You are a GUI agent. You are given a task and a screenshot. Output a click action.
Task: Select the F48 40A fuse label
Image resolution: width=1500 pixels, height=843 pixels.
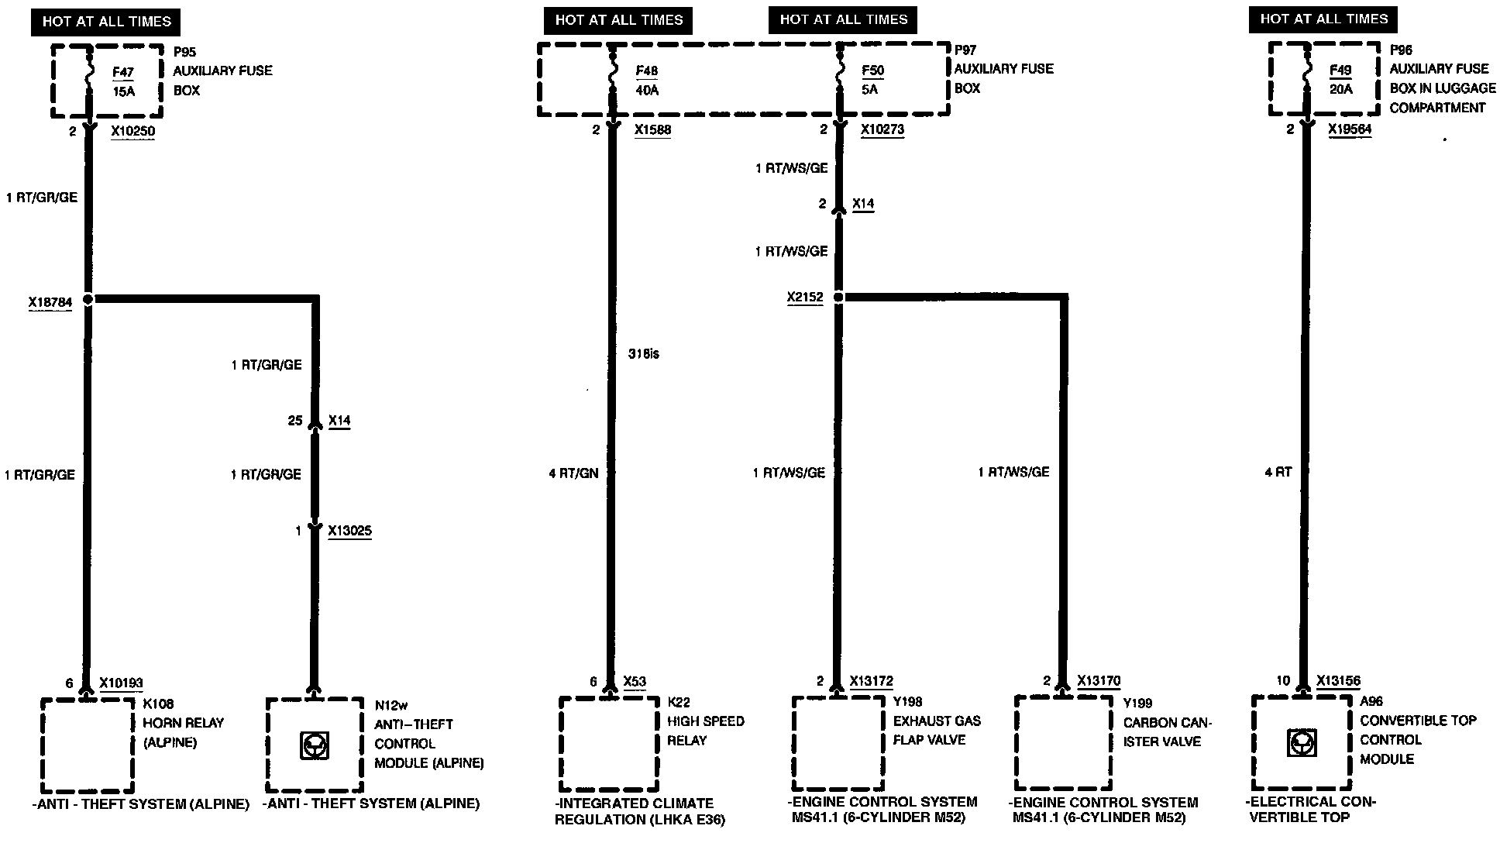click(x=647, y=81)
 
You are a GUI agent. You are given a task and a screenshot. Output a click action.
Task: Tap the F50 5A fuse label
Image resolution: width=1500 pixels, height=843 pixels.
click(x=872, y=80)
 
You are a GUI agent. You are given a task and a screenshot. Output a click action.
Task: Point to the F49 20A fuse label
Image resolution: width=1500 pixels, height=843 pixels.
click(x=1340, y=80)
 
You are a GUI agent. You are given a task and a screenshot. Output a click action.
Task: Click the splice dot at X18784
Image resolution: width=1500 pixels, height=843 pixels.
click(x=88, y=299)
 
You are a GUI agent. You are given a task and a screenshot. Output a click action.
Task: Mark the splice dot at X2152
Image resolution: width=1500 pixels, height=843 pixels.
click(x=838, y=297)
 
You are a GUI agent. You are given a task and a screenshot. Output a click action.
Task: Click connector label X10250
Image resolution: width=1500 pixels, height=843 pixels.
click(x=132, y=132)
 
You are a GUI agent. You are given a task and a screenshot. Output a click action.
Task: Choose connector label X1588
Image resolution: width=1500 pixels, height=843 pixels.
click(x=652, y=130)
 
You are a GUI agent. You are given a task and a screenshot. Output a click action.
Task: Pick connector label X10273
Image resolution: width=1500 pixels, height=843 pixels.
click(x=882, y=130)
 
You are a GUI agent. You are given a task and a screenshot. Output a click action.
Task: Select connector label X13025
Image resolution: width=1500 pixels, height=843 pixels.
click(x=349, y=531)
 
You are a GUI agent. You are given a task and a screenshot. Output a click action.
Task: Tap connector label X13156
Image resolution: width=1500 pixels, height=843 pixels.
click(x=1338, y=681)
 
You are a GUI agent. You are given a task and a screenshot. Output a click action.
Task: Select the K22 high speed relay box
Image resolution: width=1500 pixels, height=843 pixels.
click(x=608, y=743)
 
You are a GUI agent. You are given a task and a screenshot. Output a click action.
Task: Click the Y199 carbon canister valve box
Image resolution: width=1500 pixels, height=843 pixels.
click(x=1064, y=742)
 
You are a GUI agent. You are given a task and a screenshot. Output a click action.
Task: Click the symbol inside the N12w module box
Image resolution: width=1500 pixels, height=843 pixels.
click(x=314, y=745)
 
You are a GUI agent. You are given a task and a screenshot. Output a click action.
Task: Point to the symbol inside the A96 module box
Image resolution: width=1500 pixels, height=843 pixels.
click(x=1299, y=743)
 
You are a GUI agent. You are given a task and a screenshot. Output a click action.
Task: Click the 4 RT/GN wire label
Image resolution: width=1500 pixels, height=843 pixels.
click(x=573, y=473)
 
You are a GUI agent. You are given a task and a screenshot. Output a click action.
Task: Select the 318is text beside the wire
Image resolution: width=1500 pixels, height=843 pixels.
click(x=644, y=354)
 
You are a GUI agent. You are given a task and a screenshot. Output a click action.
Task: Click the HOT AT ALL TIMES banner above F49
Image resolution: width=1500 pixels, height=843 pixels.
click(x=1323, y=19)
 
